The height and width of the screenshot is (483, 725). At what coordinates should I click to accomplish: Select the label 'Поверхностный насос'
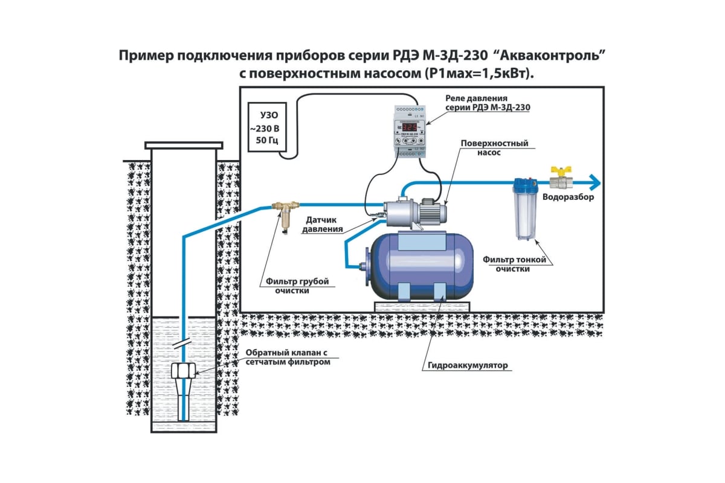[494, 148]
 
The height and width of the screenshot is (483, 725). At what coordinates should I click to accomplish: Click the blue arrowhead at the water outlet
[595, 181]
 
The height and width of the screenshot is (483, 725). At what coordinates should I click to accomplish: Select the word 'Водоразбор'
[568, 197]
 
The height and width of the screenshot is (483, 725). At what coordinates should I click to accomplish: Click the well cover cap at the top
[184, 146]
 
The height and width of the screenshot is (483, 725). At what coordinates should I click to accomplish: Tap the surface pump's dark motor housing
[433, 211]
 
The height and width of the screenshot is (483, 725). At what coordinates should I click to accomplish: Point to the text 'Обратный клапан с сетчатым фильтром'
[288, 357]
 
